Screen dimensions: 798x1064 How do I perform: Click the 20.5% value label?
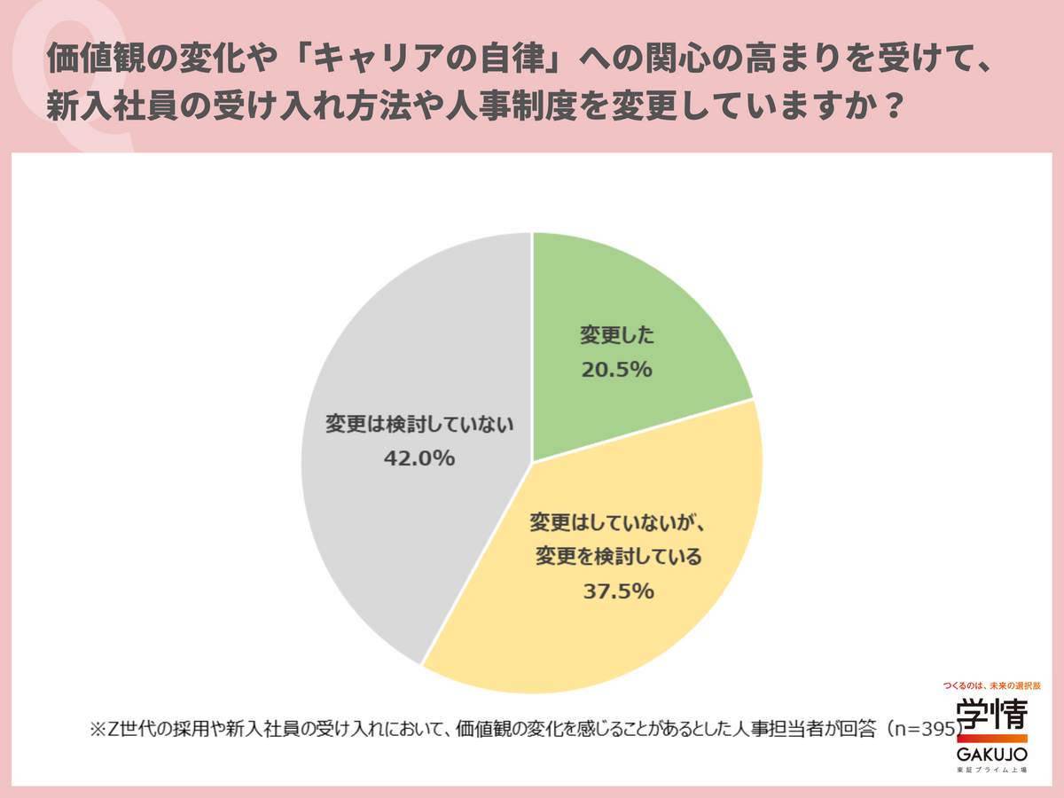617,370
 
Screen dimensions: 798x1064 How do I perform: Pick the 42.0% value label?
419,458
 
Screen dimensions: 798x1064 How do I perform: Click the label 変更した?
617,336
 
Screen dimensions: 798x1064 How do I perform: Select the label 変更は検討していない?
419,425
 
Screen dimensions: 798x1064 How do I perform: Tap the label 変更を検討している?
619,557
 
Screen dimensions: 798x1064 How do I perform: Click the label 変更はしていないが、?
617,521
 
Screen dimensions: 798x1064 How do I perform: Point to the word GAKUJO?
991,755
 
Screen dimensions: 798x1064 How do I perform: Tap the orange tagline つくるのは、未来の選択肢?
991,685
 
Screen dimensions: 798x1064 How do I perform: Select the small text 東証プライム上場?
991,771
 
